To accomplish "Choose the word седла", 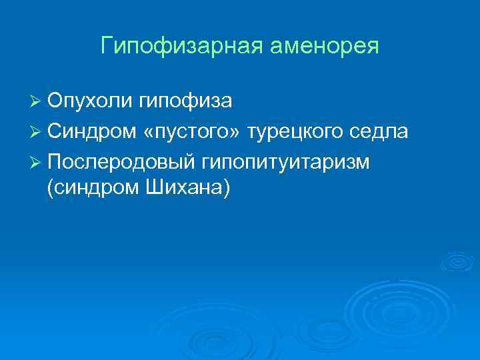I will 380,131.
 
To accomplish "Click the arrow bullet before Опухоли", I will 37,102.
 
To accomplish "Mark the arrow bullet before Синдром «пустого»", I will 37,132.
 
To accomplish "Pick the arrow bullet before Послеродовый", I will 37,162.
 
